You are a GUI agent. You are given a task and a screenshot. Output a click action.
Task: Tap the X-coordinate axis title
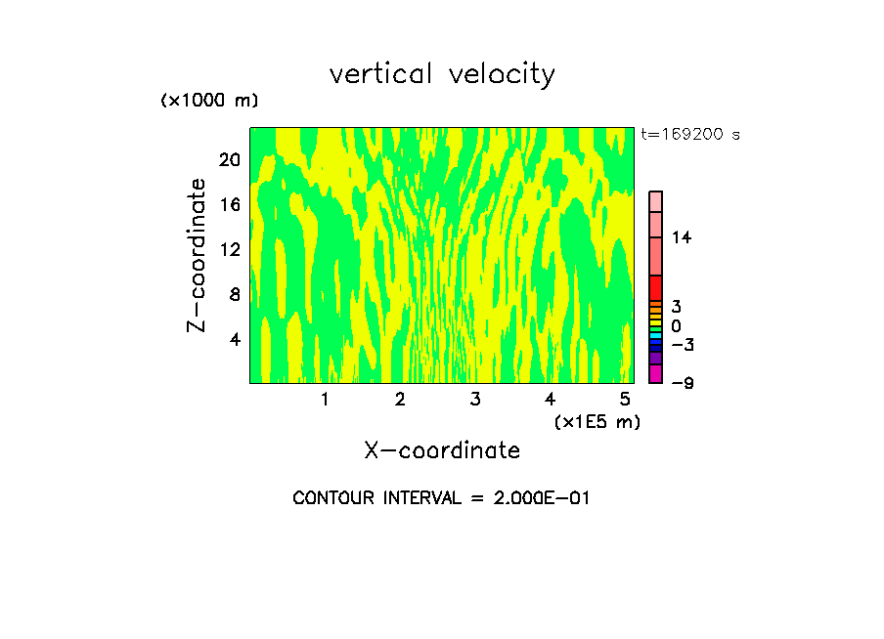click(442, 449)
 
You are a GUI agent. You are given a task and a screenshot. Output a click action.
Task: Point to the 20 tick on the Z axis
click(230, 159)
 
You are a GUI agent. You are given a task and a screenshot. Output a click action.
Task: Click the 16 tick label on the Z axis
click(230, 204)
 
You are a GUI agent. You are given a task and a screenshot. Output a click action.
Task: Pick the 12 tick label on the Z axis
click(230, 249)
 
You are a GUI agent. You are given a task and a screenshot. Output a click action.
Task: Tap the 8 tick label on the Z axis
click(235, 294)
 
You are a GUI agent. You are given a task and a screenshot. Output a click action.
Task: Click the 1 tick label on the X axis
click(325, 399)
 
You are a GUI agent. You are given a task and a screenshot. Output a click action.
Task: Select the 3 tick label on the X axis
click(474, 399)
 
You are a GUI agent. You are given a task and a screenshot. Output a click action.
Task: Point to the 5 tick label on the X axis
click(625, 399)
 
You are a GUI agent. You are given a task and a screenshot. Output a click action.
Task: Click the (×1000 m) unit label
click(209, 101)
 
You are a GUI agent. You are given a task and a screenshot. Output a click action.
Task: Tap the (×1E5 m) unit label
click(597, 421)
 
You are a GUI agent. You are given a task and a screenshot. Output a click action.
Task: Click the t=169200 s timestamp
click(690, 134)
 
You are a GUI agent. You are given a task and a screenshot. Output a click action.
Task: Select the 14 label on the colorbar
click(682, 237)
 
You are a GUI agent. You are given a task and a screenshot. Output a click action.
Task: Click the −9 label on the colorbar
click(682, 383)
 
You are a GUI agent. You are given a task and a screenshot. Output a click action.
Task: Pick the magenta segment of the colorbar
click(655, 374)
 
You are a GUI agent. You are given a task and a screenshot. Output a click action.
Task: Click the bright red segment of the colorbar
click(655, 288)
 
